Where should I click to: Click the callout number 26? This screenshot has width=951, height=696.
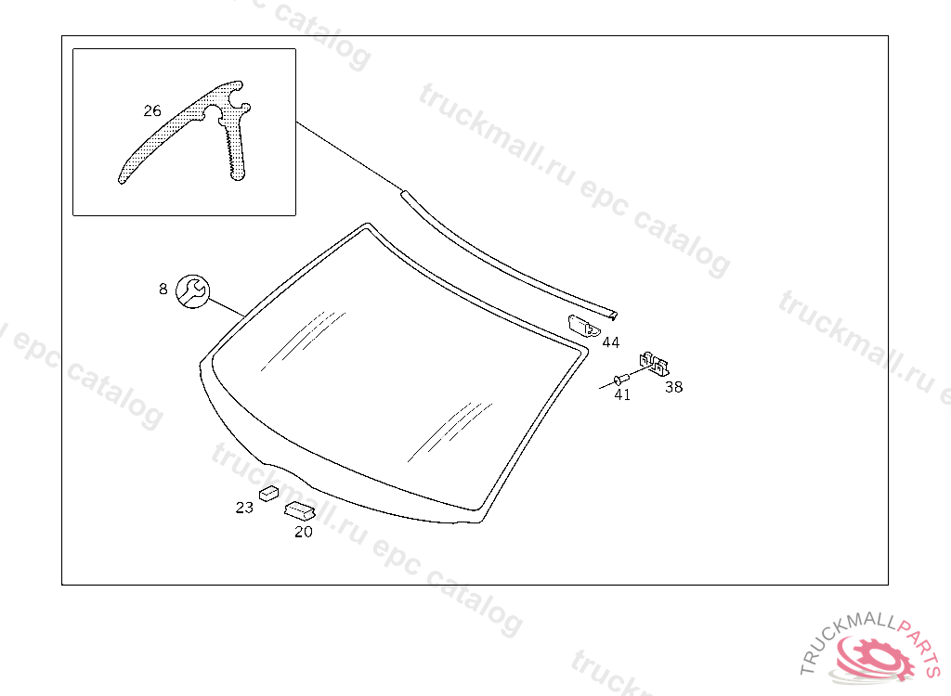[x=151, y=110]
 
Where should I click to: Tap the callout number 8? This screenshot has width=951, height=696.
[x=163, y=289]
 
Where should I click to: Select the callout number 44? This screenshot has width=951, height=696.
[x=610, y=342]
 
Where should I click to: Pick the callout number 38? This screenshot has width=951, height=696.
[x=673, y=387]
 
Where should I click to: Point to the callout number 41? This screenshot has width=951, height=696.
[x=621, y=394]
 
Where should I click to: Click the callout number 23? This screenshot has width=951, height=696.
[x=244, y=507]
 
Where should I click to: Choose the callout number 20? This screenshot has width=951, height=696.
[x=304, y=532]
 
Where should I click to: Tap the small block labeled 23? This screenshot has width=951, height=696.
[x=270, y=492]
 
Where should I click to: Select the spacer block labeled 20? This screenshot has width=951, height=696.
[x=299, y=510]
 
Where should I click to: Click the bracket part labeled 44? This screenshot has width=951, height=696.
[x=582, y=325]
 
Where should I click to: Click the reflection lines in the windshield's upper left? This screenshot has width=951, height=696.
[x=302, y=339]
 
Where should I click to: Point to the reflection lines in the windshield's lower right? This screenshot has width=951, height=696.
[x=446, y=432]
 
